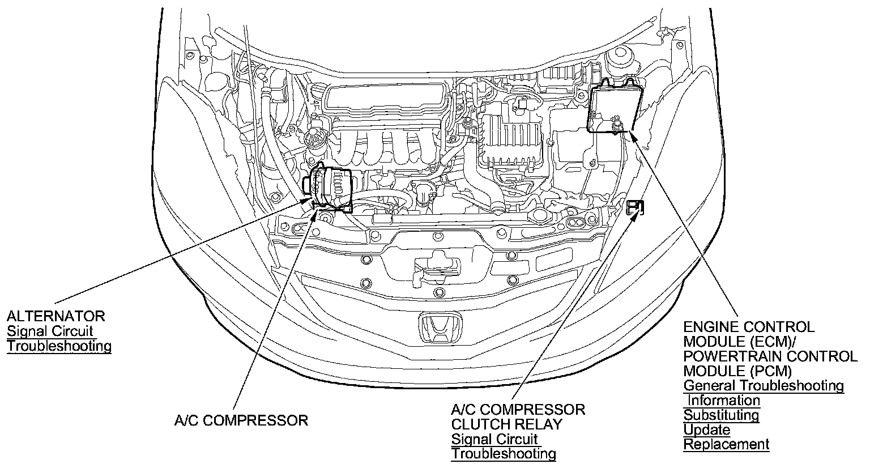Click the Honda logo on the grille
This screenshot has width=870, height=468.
[441, 329]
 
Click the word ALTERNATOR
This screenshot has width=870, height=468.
[56, 316]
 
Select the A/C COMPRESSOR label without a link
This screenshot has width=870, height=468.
[241, 420]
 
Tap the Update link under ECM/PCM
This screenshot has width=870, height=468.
[706, 429]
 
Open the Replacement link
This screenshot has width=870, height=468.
[726, 444]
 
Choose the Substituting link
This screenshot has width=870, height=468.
[721, 415]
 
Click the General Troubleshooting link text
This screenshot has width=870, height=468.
[764, 386]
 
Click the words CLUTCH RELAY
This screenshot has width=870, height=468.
[506, 424]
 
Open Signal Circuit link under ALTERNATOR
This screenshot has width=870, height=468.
[50, 331]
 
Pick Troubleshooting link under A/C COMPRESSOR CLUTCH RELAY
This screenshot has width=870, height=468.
[504, 454]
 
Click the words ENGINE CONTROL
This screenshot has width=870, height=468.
[749, 327]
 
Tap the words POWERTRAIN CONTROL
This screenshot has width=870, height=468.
[770, 356]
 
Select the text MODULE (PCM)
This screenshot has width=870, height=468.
[737, 371]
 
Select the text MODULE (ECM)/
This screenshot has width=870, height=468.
[740, 342]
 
